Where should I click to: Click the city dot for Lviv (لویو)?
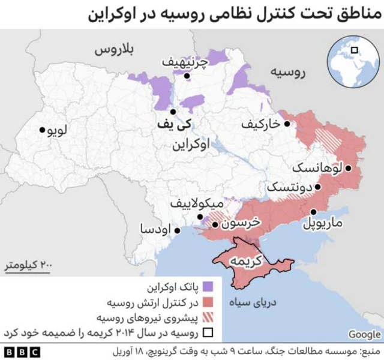[x=42, y=130]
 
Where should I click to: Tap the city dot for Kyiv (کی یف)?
[x=173, y=112]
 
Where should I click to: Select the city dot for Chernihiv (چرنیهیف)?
[x=187, y=76]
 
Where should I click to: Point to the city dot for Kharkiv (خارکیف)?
[x=287, y=124]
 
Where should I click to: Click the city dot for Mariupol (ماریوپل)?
[x=314, y=212]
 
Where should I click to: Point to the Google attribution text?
[x=364, y=334]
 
